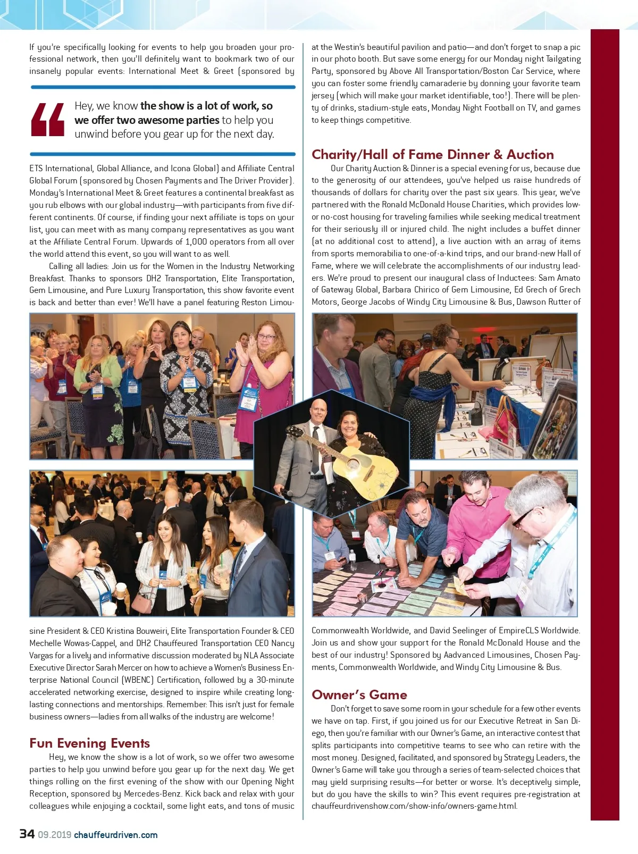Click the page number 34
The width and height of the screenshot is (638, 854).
pyautogui.click(x=27, y=833)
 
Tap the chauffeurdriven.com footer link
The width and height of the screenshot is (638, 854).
pyautogui.click(x=115, y=834)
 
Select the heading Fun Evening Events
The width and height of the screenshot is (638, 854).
pyautogui.click(x=89, y=743)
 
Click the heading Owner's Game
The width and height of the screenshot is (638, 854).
pyautogui.click(x=359, y=694)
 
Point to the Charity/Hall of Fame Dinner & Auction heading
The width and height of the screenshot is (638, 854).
pyautogui.click(x=432, y=154)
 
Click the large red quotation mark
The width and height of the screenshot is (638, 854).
pyautogui.click(x=48, y=119)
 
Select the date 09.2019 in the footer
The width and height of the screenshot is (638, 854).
pyautogui.click(x=54, y=834)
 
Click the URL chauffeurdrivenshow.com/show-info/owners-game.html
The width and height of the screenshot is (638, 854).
pyautogui.click(x=414, y=806)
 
